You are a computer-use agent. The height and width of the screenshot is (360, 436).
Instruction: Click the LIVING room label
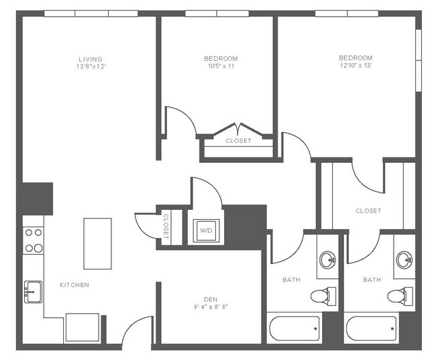(91, 59)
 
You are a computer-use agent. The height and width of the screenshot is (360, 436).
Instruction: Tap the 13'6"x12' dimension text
(91, 67)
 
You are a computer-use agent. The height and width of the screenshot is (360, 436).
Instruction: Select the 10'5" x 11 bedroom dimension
(221, 67)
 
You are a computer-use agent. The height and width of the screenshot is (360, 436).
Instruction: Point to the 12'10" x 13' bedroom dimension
(356, 66)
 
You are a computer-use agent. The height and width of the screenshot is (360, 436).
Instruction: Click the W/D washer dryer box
(205, 231)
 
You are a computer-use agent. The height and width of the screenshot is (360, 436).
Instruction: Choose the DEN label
(211, 300)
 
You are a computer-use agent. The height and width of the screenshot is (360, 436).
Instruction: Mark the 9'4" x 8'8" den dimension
(211, 308)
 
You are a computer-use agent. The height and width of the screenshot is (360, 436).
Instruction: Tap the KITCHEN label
(74, 285)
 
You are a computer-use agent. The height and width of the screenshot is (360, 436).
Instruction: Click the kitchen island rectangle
(97, 243)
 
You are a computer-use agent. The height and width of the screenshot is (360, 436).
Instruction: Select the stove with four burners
(34, 240)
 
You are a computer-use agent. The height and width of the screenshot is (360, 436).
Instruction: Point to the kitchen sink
(33, 292)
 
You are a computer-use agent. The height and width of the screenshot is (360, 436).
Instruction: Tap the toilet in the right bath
(400, 295)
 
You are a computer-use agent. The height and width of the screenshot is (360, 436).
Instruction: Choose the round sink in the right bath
(404, 259)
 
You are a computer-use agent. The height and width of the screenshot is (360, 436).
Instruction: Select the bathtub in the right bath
(371, 328)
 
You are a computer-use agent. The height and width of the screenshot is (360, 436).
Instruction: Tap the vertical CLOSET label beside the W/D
(166, 226)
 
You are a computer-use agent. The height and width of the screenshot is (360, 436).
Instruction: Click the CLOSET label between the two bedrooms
(238, 141)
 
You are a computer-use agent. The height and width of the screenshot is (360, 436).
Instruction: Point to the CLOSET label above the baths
(368, 211)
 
